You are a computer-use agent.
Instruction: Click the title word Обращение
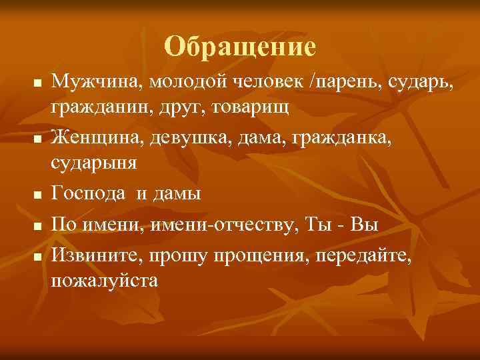pos(239,46)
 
